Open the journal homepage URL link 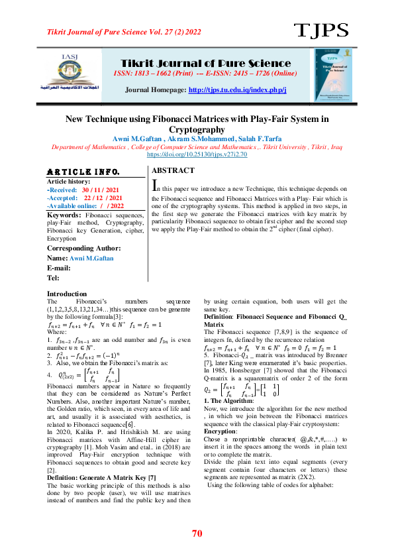[x=237, y=89]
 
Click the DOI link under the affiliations [x=197, y=154]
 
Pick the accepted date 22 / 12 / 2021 [x=103, y=197]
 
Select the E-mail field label [x=59, y=268]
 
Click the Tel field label [x=52, y=278]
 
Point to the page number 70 [x=197, y=533]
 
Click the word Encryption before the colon [x=221, y=431]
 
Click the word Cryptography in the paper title [x=197, y=130]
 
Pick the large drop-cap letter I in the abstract [x=156, y=184]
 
